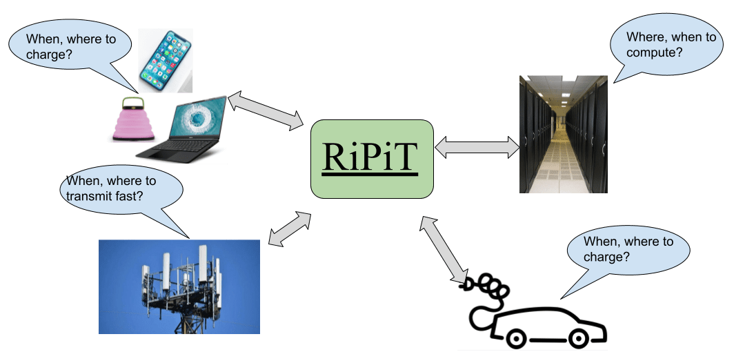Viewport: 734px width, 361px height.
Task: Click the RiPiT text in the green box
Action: (373, 157)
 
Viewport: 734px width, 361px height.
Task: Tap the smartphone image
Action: (165, 61)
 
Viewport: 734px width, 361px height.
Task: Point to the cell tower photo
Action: (179, 286)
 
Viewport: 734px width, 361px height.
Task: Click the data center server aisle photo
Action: (563, 134)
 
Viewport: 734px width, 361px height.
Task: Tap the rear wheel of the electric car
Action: (514, 338)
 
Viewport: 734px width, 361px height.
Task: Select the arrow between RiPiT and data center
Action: (477, 146)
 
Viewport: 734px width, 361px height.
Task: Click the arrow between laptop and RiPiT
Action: (266, 111)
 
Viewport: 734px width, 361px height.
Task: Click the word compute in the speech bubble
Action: (646, 52)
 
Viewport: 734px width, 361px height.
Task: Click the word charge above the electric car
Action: (604, 256)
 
